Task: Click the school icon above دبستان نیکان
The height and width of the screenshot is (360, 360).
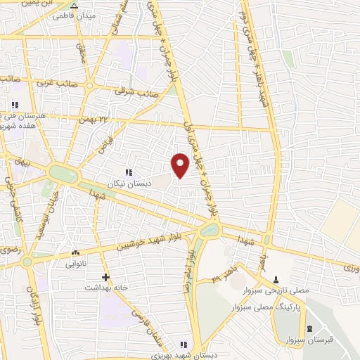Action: (x=128, y=172)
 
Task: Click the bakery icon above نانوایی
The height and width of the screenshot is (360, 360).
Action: (x=75, y=253)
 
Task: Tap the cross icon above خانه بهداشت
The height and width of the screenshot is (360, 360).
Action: (x=105, y=277)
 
